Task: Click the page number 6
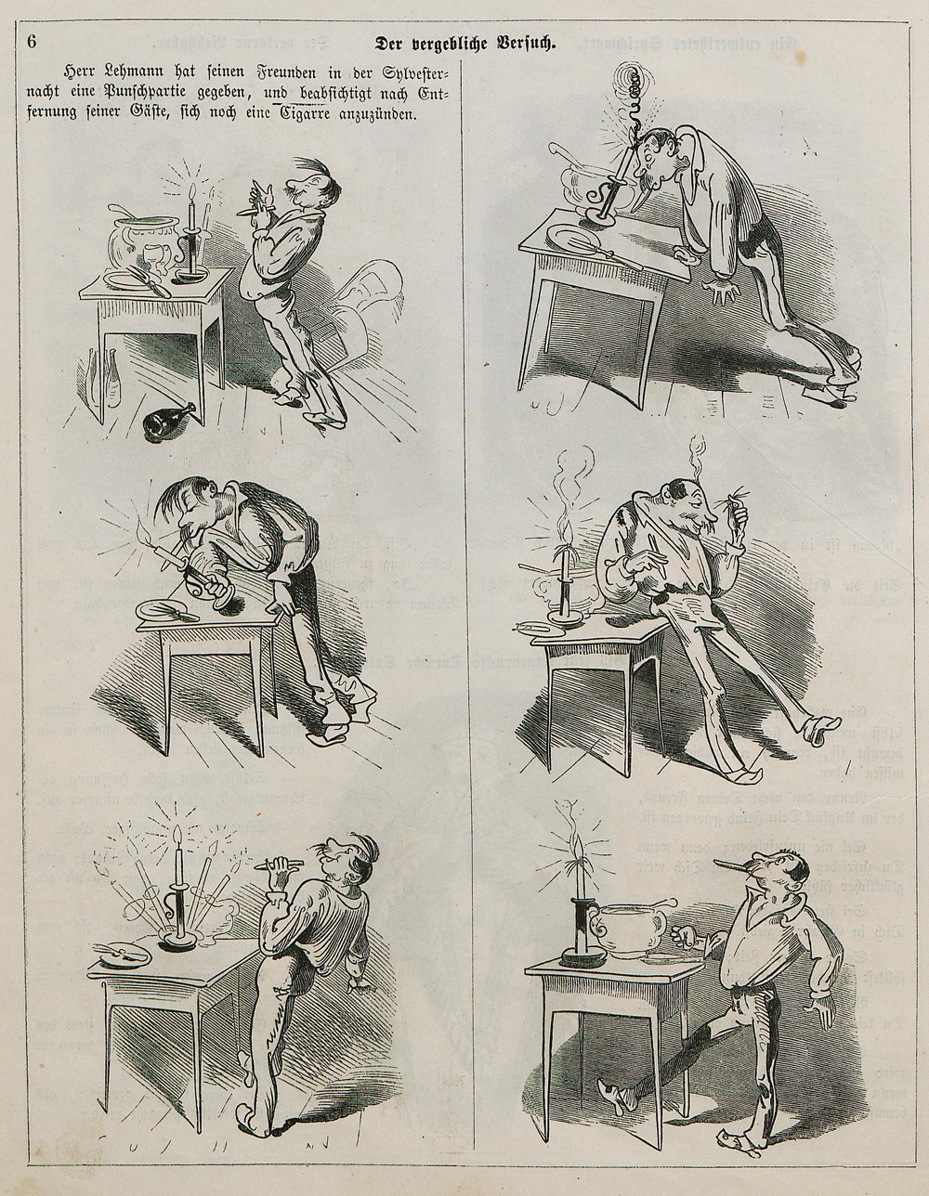(32, 43)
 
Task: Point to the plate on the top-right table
(572, 238)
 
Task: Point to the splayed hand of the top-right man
(723, 294)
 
